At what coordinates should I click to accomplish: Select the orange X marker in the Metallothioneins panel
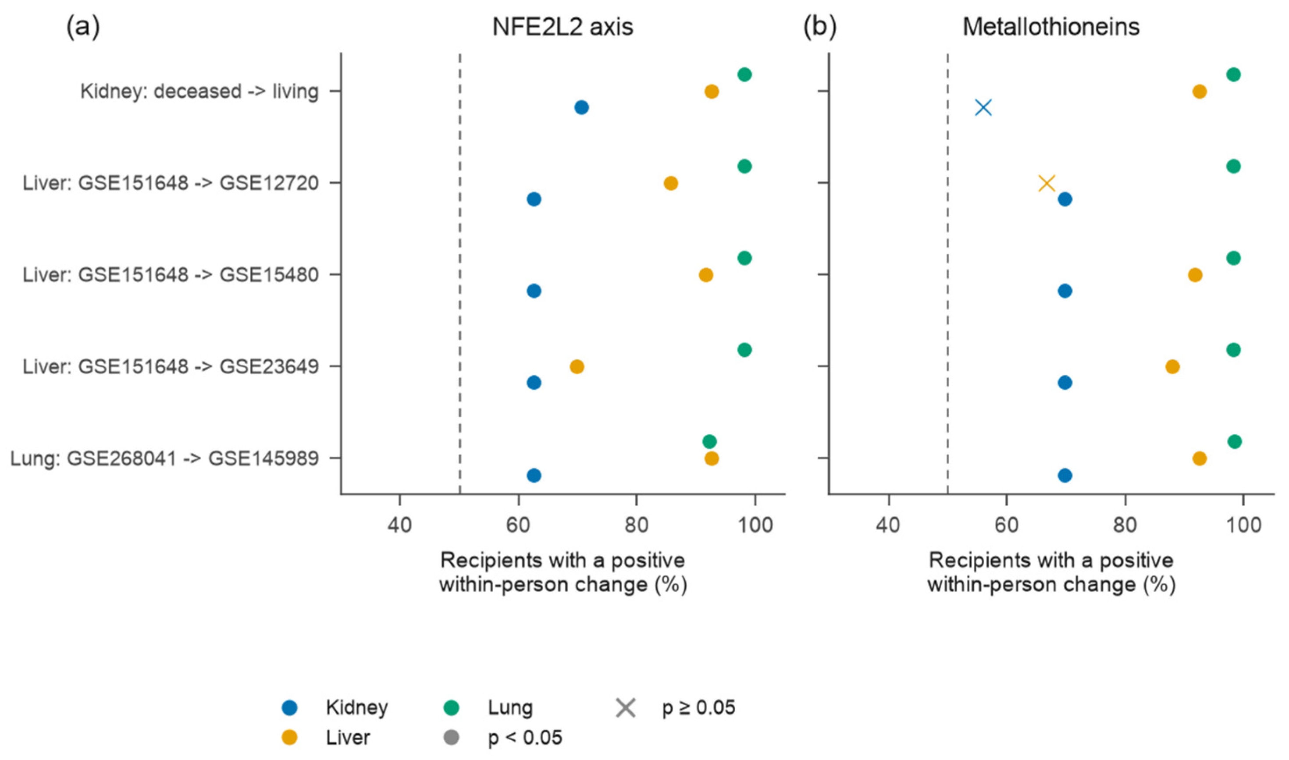[x=1047, y=183]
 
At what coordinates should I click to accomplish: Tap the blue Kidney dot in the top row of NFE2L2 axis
[x=581, y=107]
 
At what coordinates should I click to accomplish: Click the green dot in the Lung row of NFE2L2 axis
[x=709, y=441]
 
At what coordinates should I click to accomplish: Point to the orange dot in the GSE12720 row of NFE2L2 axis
[x=671, y=183]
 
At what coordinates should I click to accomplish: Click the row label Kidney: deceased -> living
[x=199, y=92]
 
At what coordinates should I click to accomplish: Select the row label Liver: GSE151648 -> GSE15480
[x=171, y=275]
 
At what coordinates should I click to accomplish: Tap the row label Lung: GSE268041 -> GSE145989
[x=165, y=458]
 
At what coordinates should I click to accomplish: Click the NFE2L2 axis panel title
[x=563, y=27]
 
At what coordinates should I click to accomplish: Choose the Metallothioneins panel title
[x=1051, y=27]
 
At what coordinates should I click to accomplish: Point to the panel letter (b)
[x=820, y=27]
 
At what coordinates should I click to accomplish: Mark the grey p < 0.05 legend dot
[x=451, y=738]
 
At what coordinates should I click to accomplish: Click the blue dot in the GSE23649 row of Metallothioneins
[x=1065, y=383]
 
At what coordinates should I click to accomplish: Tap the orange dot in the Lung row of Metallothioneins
[x=1200, y=458]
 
